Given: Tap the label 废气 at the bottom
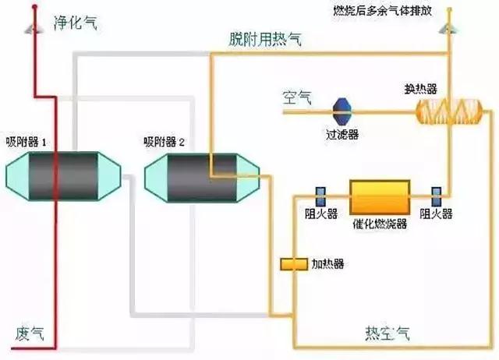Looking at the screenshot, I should [x=30, y=334].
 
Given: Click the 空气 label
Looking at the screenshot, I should [x=297, y=98].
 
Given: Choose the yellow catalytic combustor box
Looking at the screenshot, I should [x=380, y=193].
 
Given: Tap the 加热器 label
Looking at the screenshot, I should [x=328, y=264].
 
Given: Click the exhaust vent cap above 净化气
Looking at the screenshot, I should [x=32, y=28].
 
